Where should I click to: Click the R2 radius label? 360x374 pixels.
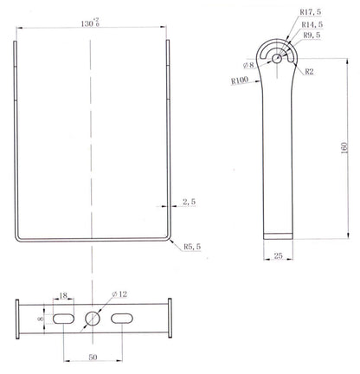[x=309, y=72]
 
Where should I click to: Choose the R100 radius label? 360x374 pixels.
[x=240, y=81]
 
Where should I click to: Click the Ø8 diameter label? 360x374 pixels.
[x=248, y=64]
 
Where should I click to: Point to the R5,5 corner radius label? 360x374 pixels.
[x=192, y=247]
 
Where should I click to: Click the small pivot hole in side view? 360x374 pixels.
[x=276, y=58]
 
